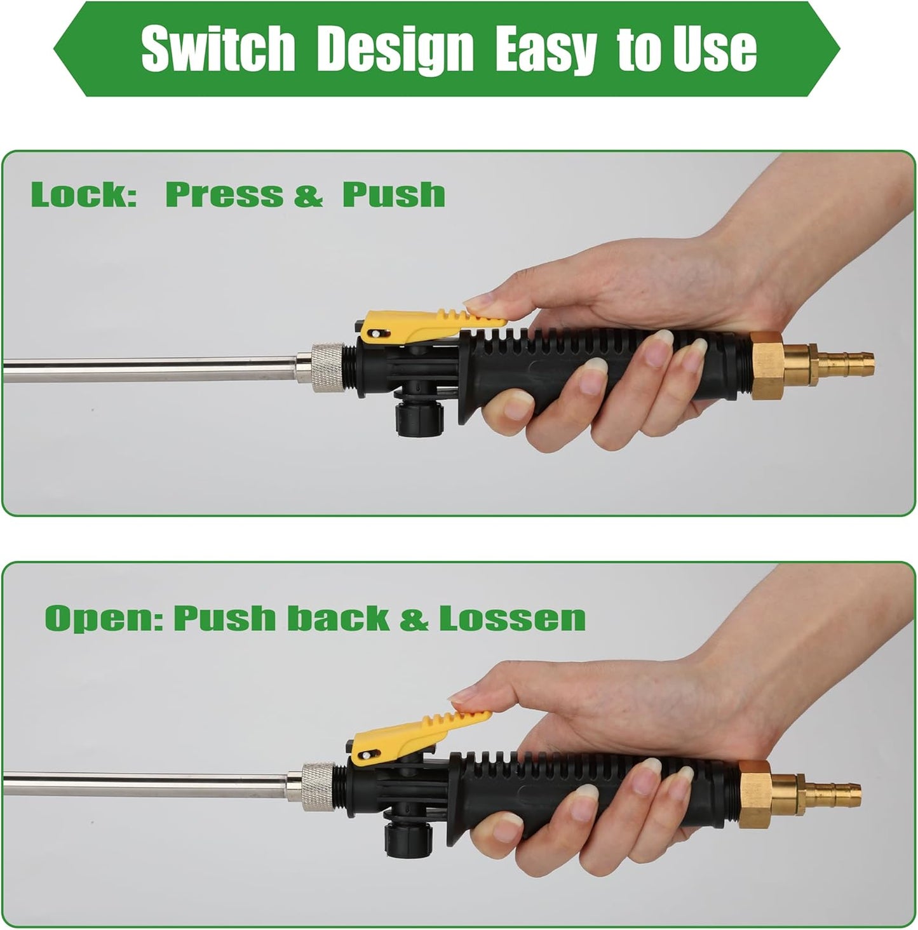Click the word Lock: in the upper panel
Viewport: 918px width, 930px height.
click(x=84, y=194)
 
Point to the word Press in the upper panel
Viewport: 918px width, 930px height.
click(x=224, y=194)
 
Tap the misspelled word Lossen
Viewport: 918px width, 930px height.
click(x=512, y=617)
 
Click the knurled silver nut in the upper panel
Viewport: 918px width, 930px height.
click(x=327, y=368)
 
